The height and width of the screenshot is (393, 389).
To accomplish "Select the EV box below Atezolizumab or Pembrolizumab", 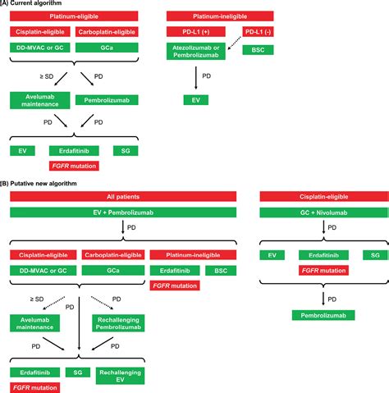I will coord(196,100).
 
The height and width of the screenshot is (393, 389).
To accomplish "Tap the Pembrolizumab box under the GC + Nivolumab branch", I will coord(323,315).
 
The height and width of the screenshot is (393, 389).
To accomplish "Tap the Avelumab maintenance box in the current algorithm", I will coord(37,100).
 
